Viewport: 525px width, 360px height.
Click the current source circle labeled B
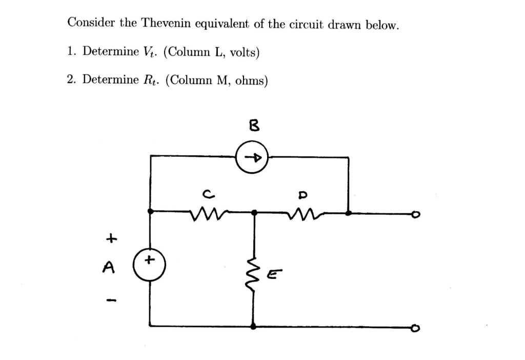coord(252,157)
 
